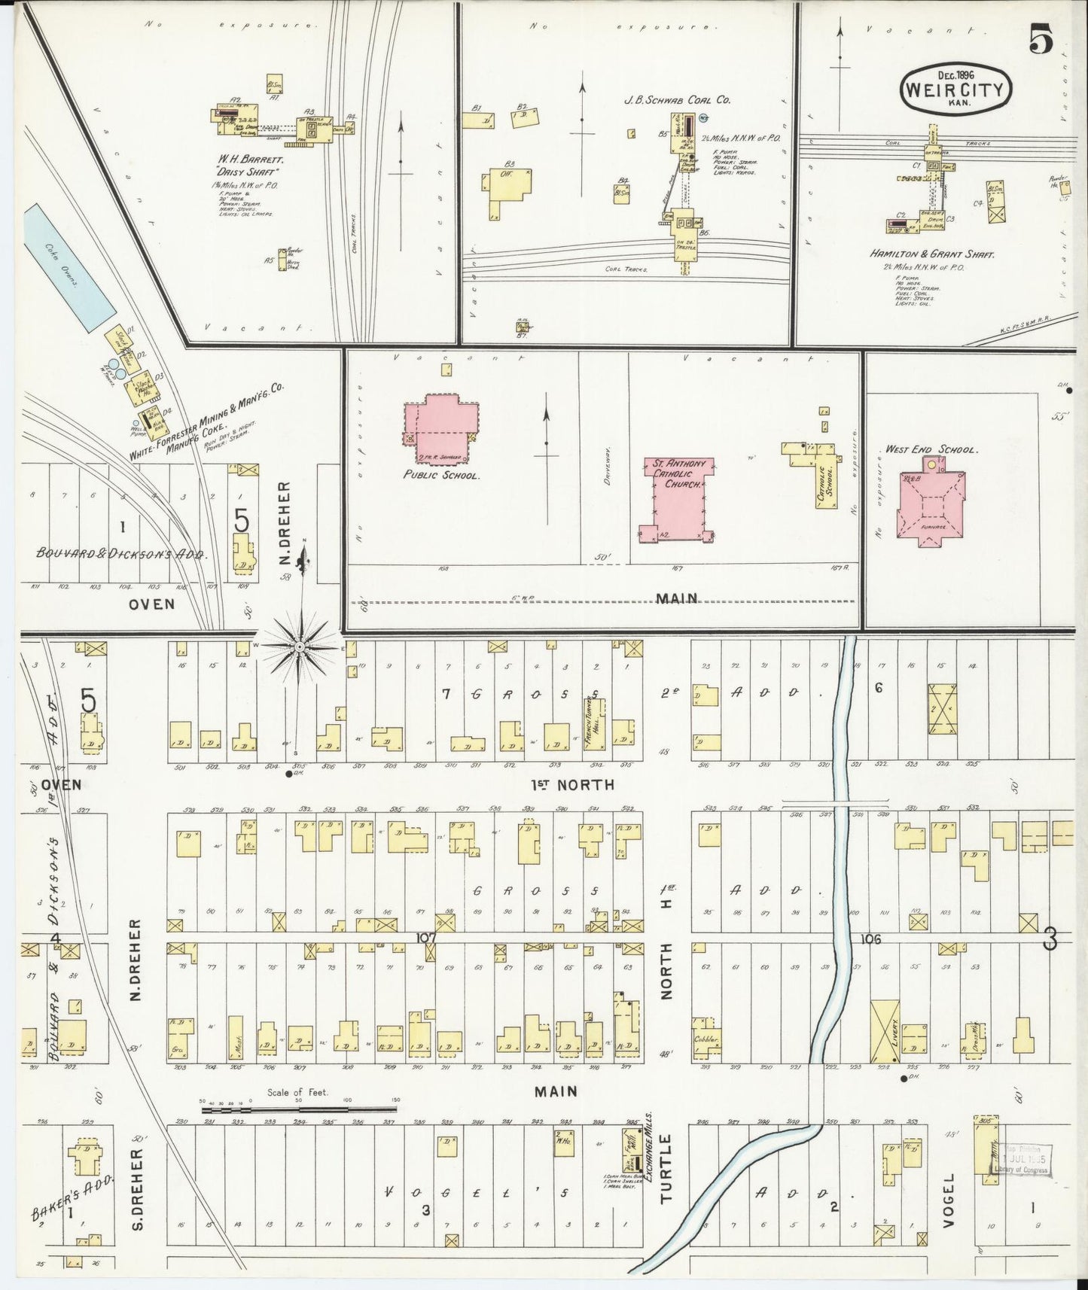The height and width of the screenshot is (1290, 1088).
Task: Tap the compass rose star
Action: pos(300,647)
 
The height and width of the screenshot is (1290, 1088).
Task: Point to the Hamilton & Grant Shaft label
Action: pos(932,254)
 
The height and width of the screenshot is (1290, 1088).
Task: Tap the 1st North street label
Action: pos(573,784)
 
